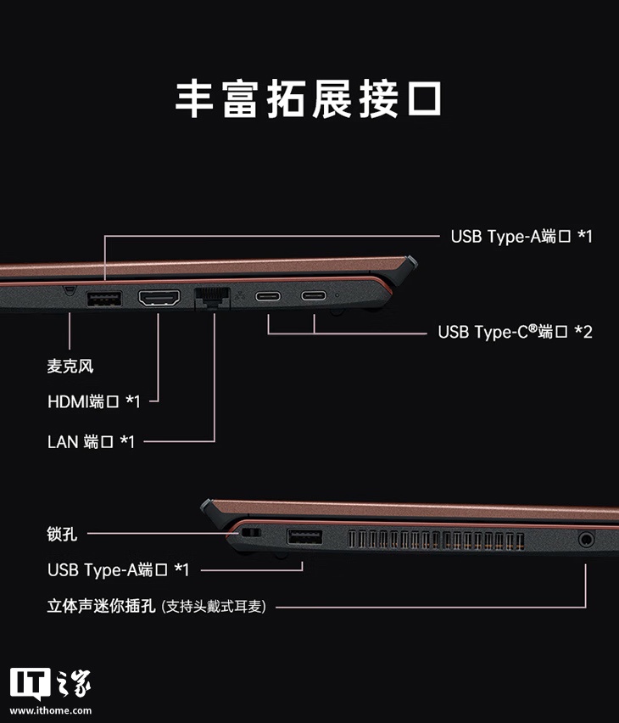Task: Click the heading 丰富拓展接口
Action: [x=309, y=98]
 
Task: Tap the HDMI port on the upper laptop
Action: [x=159, y=298]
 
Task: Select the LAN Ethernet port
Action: [x=212, y=298]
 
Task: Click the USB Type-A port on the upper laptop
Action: [x=104, y=299]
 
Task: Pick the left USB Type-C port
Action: [x=269, y=297]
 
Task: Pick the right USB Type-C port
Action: [x=313, y=297]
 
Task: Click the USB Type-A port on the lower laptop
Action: [x=304, y=537]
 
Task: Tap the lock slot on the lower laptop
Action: [x=249, y=533]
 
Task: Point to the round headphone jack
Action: [x=586, y=538]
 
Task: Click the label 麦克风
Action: [x=70, y=367]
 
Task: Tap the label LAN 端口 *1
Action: [x=91, y=441]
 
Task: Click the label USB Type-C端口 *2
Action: [x=515, y=332]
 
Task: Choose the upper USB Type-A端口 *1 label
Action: [x=521, y=236]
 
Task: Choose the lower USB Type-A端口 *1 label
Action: [x=118, y=569]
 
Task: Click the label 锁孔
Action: [x=62, y=534]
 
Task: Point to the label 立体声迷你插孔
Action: [x=101, y=607]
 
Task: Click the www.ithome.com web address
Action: [x=51, y=710]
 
